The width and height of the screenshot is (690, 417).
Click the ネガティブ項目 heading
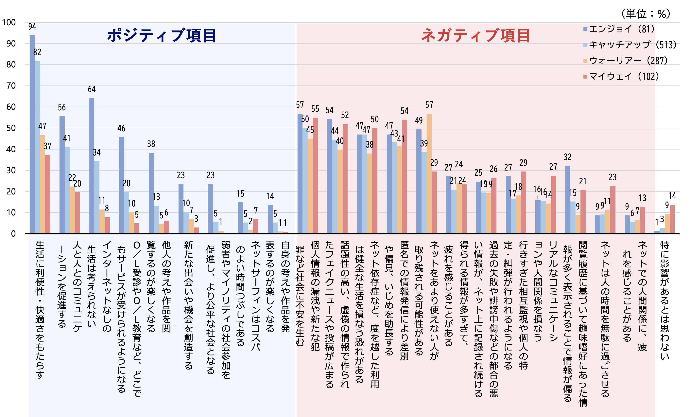point(475,36)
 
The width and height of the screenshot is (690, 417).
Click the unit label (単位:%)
point(646,13)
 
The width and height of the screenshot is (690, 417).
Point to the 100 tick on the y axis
point(9,22)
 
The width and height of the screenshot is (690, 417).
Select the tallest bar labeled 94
point(32,135)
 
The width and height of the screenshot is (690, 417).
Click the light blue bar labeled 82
point(37,147)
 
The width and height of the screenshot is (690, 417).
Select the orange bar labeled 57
point(429,174)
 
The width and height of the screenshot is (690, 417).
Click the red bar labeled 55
point(315,175)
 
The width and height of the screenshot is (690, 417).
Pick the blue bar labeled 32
point(568,200)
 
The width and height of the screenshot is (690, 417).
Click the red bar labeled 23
point(613,210)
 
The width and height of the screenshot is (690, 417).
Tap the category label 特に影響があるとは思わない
point(664,300)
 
